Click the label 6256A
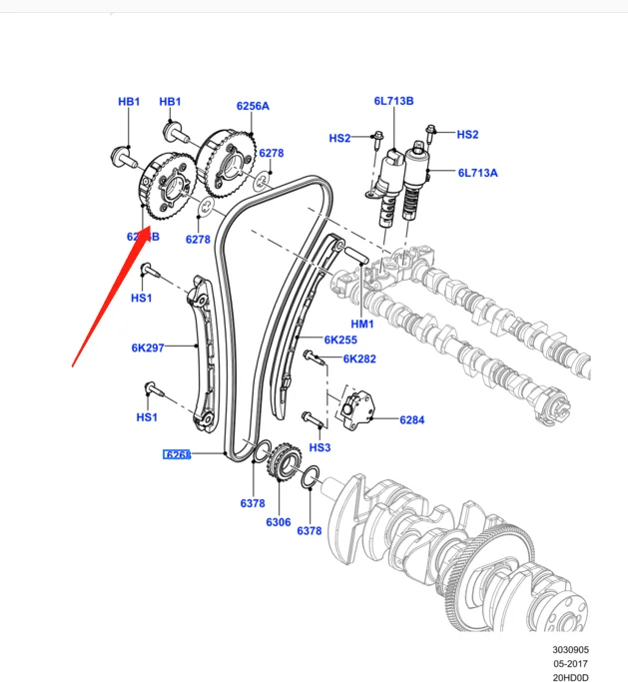coord(253,106)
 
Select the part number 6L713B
coord(393,101)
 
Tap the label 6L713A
coord(477,173)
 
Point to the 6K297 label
coord(148,348)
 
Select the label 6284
coord(411,420)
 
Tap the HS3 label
coord(319,448)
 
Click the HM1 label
coord(360,325)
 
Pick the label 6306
coord(278,522)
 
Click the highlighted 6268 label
coord(177,455)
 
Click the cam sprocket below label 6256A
coord(225,160)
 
